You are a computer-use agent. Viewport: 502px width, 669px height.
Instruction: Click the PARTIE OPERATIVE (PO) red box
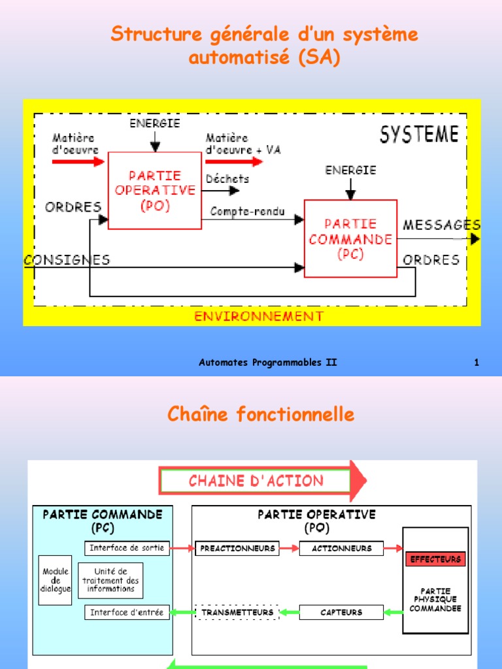[155, 190]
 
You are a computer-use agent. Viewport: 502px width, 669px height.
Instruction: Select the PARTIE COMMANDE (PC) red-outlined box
[350, 238]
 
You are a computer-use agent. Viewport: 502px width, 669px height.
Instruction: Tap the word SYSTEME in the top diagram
[419, 135]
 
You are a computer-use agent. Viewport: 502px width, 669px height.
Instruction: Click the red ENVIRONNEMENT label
[259, 316]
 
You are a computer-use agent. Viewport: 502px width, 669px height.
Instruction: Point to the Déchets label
[227, 178]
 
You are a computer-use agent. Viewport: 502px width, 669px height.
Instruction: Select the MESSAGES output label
[441, 225]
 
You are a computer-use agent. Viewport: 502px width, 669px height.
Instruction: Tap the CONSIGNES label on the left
[67, 259]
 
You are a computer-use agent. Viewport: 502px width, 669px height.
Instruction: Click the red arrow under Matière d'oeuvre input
[78, 161]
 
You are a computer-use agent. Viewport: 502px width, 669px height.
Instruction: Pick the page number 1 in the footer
[477, 363]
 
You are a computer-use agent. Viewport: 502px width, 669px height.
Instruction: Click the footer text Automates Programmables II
[268, 363]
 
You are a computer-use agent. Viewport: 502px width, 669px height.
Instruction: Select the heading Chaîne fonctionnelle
[261, 414]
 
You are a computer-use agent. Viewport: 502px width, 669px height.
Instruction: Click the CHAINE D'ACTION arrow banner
[261, 481]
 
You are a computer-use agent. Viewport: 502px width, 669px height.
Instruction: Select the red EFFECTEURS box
[435, 559]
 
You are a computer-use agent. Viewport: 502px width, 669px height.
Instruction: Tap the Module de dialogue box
[55, 580]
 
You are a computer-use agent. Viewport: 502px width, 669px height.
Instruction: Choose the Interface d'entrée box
[127, 612]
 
